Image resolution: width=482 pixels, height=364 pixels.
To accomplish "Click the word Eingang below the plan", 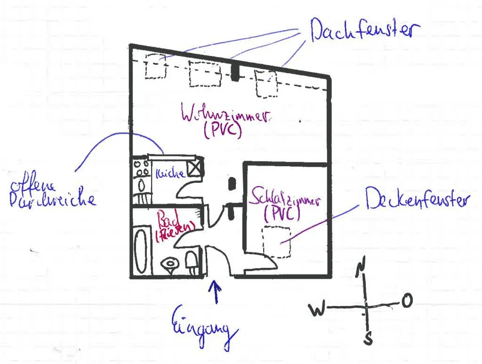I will click(203, 324).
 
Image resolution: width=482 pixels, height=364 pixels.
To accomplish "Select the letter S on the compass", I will click(370, 338).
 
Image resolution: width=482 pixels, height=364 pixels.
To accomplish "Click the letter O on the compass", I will click(407, 300).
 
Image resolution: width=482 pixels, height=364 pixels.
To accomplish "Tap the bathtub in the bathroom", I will click(141, 248).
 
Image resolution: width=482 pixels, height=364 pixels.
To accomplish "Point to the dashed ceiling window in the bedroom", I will click(276, 242).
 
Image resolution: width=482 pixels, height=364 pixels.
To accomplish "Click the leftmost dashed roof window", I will click(156, 66).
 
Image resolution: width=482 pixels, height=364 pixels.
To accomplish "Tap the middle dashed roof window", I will click(205, 73).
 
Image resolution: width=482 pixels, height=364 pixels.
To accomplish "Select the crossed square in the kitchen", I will click(194, 168).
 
